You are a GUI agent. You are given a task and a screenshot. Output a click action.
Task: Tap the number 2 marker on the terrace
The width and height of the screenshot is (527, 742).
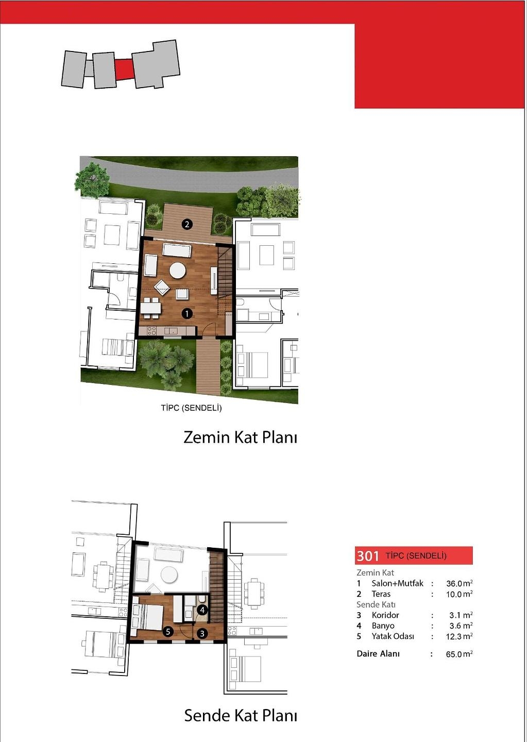pyautogui.click(x=187, y=224)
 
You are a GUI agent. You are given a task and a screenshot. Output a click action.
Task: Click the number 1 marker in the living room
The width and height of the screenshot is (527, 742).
pyautogui.click(x=187, y=313)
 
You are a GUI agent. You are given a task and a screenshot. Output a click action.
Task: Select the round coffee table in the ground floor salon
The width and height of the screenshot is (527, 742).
pyautogui.click(x=178, y=271)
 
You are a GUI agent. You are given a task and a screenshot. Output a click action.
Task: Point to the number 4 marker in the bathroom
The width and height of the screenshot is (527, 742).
pyautogui.click(x=203, y=609)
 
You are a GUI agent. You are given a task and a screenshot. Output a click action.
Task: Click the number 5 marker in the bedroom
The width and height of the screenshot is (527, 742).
pyautogui.click(x=168, y=632)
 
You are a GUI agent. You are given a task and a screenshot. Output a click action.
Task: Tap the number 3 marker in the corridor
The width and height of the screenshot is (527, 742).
pyautogui.click(x=202, y=634)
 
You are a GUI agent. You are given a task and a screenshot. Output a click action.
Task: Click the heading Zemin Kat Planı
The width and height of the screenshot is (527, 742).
pyautogui.click(x=240, y=437)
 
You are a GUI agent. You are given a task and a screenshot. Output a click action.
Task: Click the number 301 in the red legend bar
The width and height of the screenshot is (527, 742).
pyautogui.click(x=368, y=555)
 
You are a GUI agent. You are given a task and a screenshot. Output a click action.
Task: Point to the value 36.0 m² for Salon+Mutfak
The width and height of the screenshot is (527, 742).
pyautogui.click(x=460, y=583)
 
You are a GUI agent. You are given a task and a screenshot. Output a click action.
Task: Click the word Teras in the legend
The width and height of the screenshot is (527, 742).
pyautogui.click(x=381, y=594)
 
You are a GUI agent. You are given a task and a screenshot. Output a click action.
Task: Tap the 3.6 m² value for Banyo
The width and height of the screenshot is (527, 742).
pyautogui.click(x=461, y=626)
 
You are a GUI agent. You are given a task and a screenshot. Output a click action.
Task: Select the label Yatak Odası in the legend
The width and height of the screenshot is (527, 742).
pyautogui.click(x=393, y=636)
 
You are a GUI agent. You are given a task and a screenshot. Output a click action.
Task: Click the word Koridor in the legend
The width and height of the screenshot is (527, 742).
pyautogui.click(x=385, y=615)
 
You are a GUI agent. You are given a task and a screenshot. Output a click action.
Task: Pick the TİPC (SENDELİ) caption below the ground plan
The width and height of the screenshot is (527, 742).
pyautogui.click(x=192, y=408)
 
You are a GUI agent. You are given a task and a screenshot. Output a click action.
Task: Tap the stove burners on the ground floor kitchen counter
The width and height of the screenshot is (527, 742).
pyautogui.click(x=151, y=331)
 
